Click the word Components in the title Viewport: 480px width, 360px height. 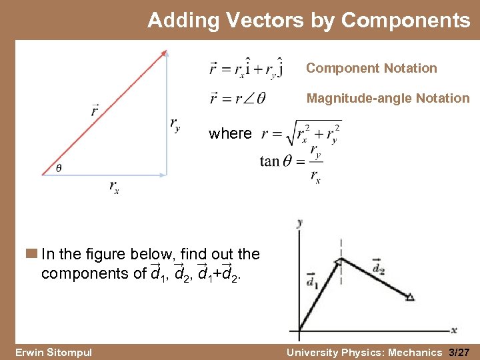(x=405, y=21)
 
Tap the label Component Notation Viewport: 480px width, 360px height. (x=371, y=68)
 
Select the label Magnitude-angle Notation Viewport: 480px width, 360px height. (x=388, y=98)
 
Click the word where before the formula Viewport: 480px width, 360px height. (x=230, y=133)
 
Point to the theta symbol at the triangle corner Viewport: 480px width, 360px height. (x=58, y=168)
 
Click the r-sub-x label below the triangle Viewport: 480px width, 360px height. (x=114, y=187)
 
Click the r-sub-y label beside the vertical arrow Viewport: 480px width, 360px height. (x=175, y=124)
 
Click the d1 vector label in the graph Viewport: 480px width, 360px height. (x=311, y=281)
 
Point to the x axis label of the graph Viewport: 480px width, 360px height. (x=453, y=329)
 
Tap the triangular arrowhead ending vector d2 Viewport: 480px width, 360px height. (x=410, y=297)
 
